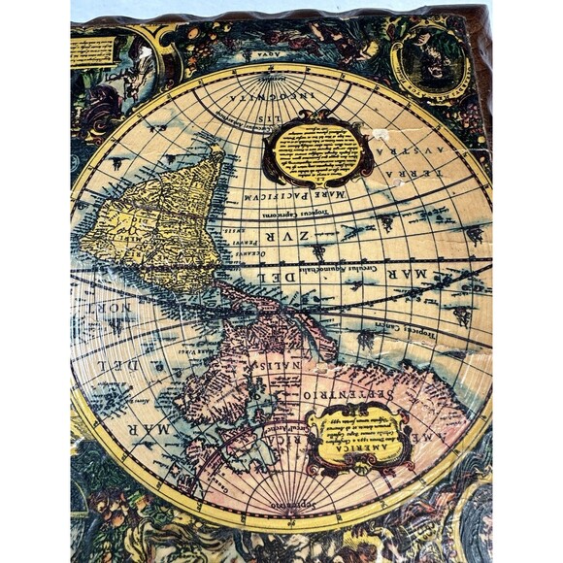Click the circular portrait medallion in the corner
coord(430,57)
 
